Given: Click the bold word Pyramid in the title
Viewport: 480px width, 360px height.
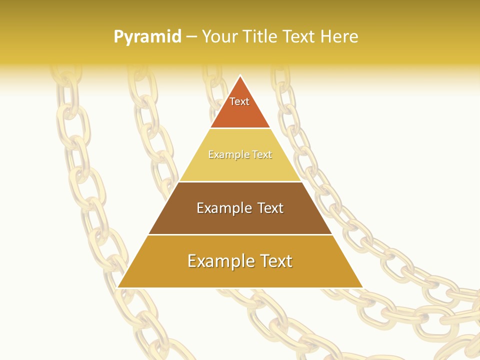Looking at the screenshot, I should [x=147, y=36].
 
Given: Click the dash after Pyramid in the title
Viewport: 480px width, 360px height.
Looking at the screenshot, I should [x=191, y=37].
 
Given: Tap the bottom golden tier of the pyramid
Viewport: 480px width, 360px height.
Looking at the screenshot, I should [x=240, y=275].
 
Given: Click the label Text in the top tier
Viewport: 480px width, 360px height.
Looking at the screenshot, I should [x=239, y=101].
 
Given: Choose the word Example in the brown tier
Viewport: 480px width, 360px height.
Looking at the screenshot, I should [x=222, y=208].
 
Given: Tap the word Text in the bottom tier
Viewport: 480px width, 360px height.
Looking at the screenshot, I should [x=272, y=261].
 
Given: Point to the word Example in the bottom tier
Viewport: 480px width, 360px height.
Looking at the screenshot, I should [x=218, y=261].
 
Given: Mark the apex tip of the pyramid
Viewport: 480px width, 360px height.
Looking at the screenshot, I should [x=240, y=76].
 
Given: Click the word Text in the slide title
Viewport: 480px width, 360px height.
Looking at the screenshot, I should [x=300, y=36].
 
